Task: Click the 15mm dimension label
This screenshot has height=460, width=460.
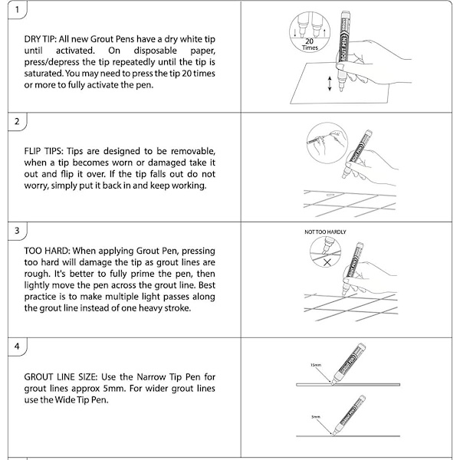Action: [316, 365]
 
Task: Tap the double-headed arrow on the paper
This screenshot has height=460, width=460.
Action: [330, 85]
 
